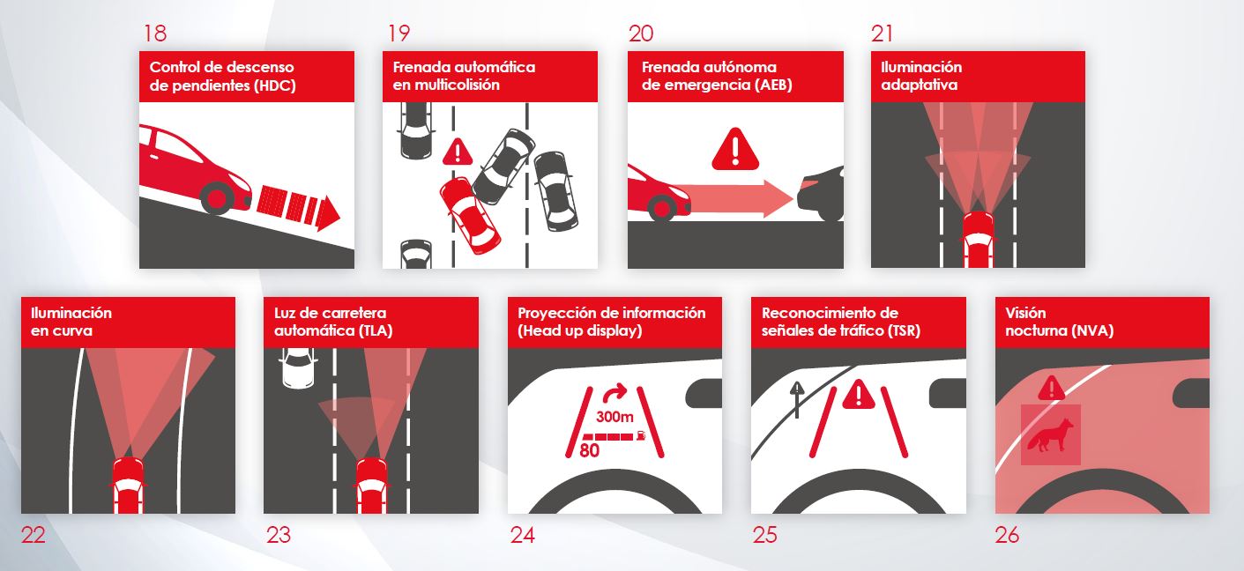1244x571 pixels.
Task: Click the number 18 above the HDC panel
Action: point(155,33)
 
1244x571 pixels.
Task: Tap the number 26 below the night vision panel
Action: point(1007,535)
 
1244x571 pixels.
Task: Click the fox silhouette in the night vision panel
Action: point(1050,434)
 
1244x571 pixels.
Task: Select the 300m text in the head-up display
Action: point(615,416)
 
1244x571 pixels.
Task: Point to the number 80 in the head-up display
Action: point(589,450)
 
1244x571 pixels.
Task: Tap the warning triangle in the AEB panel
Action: point(735,149)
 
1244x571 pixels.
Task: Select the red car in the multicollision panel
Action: point(470,215)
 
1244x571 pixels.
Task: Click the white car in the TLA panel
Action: point(298,368)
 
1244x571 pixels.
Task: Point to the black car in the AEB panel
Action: point(820,193)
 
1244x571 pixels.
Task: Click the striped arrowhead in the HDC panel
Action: point(327,213)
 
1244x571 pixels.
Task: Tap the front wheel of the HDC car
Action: point(217,197)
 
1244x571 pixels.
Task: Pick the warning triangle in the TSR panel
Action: point(859,394)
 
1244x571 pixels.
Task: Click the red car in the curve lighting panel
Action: point(129,486)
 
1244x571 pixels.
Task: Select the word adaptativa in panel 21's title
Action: point(920,85)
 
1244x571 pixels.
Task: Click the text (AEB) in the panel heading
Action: point(772,85)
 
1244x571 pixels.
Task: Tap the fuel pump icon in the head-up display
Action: point(642,436)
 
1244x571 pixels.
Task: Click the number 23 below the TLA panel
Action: point(279,535)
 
